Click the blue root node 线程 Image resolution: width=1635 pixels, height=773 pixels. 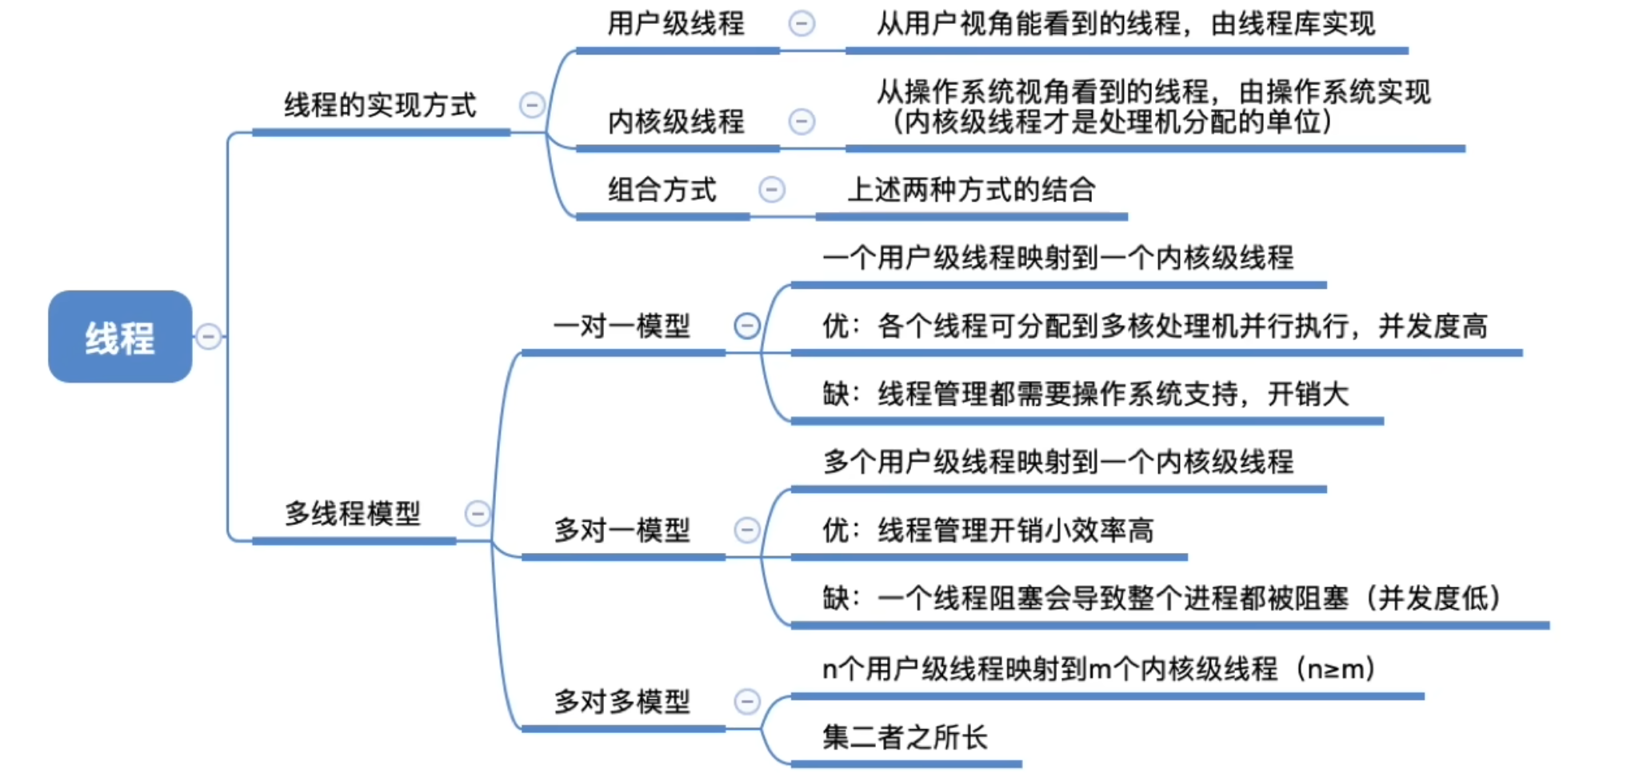click(120, 337)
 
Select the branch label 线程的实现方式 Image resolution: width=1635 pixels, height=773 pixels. click(380, 105)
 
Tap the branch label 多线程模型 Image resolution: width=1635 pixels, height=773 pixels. click(353, 513)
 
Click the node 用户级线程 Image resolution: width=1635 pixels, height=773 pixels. click(676, 23)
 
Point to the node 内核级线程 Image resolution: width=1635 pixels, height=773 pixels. click(676, 122)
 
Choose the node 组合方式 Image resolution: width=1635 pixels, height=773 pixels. click(662, 190)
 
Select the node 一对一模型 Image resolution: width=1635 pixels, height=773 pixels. click(622, 326)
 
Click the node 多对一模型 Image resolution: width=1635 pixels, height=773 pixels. click(622, 530)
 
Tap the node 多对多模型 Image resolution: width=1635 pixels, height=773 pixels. click(622, 702)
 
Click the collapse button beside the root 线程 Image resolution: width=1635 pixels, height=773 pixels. click(209, 337)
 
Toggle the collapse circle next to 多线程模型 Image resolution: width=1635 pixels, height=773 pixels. click(478, 513)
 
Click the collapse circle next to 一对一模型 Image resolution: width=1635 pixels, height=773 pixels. click(747, 326)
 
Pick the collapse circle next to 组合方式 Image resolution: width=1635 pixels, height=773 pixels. click(772, 190)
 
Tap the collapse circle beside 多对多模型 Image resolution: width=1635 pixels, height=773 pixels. click(747, 702)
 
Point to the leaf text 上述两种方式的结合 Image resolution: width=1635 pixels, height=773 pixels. click(971, 190)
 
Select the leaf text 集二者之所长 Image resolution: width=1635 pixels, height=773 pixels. click(905, 737)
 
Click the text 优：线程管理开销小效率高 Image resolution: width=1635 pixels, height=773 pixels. click(988, 530)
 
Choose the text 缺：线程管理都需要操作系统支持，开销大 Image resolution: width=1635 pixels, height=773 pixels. click(1085, 394)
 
